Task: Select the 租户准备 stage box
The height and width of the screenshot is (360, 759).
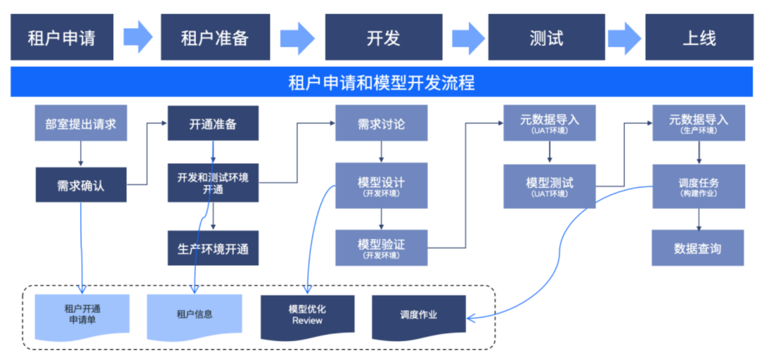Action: pos(214,37)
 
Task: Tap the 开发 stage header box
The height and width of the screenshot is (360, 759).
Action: pos(383,37)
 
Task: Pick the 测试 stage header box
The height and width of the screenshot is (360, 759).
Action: pos(546,37)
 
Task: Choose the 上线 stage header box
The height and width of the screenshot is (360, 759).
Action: pos(699,37)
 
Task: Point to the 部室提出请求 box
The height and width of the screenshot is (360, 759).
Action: pos(81,124)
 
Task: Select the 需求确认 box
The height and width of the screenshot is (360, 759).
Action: pos(81,186)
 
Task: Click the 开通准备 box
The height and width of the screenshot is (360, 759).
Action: pos(213,124)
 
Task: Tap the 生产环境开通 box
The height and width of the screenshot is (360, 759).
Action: pos(213,248)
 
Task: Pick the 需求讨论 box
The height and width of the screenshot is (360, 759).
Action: pos(381,124)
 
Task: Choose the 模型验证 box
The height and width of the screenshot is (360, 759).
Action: pos(381,247)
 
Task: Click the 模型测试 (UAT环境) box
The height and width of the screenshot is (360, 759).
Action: pos(550,186)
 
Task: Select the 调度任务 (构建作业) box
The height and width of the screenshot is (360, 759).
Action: pos(698,186)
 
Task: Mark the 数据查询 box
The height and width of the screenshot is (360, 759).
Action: pos(698,248)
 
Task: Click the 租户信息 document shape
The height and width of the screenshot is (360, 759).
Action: pos(195,314)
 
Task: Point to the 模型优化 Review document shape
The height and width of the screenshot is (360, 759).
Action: pos(307,314)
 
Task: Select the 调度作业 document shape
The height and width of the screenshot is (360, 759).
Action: pos(418,314)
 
